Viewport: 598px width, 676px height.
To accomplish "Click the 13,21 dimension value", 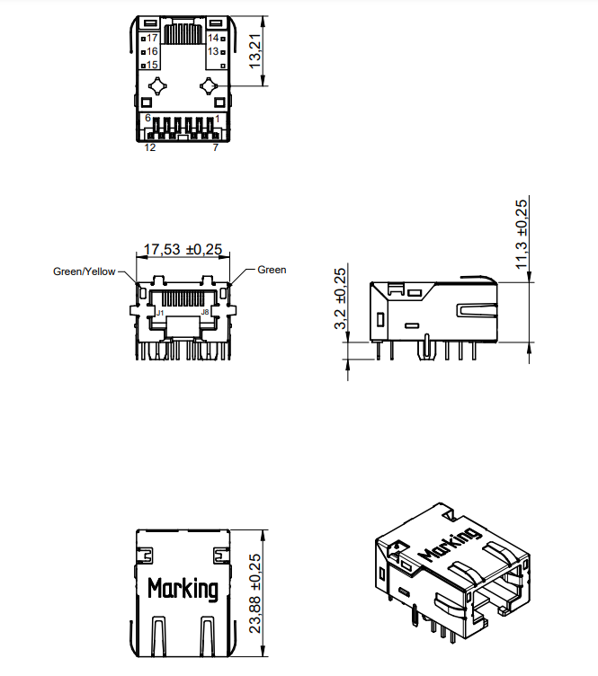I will click(x=255, y=52).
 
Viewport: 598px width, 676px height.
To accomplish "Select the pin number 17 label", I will click(x=152, y=38).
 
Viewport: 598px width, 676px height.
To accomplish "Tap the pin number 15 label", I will click(x=152, y=65).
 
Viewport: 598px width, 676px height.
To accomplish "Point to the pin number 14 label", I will click(x=213, y=38).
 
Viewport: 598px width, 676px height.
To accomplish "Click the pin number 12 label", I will click(x=150, y=147).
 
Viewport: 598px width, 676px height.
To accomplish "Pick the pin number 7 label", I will click(x=215, y=147).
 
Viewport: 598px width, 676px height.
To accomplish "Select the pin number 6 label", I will click(x=148, y=119).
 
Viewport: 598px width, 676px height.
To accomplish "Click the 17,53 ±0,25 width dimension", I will click(x=183, y=249).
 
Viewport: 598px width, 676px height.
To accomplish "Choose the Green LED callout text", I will click(x=272, y=270).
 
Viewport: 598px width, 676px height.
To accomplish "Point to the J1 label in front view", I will click(x=160, y=312).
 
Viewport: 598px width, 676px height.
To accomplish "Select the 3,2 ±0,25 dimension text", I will click(x=340, y=298).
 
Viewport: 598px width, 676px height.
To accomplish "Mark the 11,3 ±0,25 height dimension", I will click(x=522, y=233).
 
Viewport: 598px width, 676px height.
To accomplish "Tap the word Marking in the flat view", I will click(x=183, y=590).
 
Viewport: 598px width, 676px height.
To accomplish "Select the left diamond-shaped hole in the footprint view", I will click(x=158, y=86).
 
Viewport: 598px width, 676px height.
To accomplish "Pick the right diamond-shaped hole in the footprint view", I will click(x=209, y=86).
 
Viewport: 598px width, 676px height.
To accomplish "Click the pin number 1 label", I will click(x=218, y=119).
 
